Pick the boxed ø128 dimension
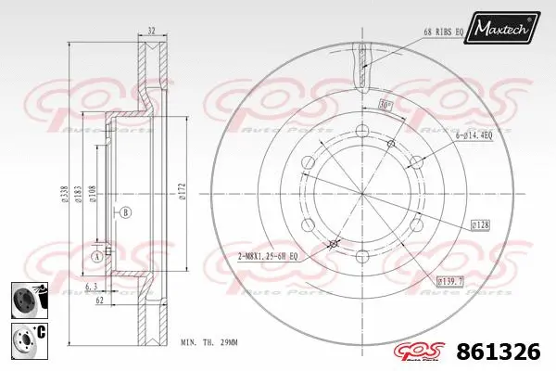[480, 224]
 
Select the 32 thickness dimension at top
[152, 31]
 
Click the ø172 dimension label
[182, 192]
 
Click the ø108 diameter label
[93, 192]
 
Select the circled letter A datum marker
[95, 255]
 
